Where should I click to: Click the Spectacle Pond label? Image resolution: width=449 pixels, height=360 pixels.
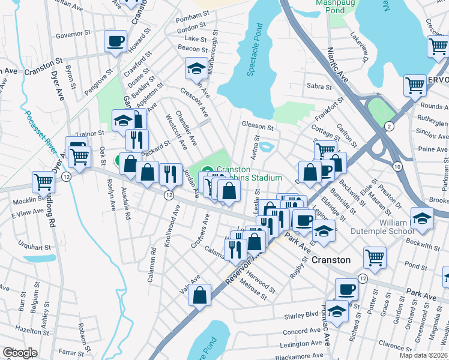(x=255, y=50)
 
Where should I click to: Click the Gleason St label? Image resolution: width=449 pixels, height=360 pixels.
(x=258, y=127)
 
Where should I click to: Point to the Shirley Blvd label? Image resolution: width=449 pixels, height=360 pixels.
(x=304, y=315)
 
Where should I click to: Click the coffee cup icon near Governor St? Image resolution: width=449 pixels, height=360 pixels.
(x=115, y=41)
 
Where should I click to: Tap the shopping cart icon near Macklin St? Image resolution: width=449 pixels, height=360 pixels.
(x=43, y=181)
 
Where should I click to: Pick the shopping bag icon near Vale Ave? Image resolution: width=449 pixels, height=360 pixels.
(x=200, y=295)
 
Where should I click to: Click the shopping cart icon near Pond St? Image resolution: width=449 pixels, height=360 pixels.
(x=375, y=257)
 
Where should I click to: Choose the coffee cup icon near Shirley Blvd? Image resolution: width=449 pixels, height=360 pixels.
(x=346, y=290)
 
